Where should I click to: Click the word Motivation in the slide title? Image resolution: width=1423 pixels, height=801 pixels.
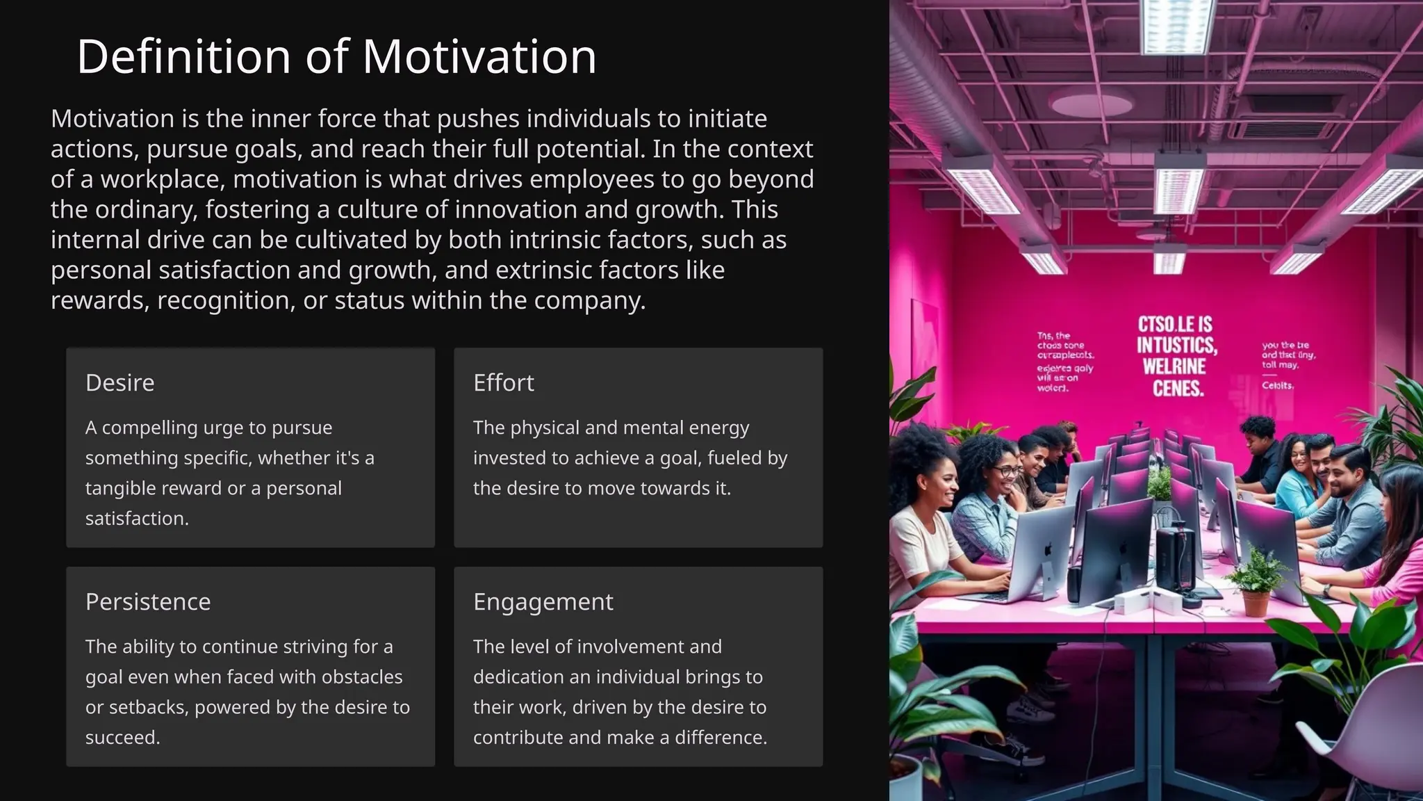pos(479,56)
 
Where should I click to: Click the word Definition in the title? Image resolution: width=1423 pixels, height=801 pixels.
pos(183,56)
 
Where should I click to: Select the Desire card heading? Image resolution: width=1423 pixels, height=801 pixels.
pos(120,382)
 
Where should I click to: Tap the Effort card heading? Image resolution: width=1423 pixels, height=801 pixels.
pos(503,382)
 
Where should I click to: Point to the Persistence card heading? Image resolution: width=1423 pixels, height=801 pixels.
pos(147,601)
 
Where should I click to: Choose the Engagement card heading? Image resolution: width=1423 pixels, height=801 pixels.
pos(543,601)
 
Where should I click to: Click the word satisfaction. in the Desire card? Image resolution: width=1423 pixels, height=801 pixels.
pos(137,518)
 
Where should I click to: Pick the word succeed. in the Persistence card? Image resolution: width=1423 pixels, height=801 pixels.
pos(122,737)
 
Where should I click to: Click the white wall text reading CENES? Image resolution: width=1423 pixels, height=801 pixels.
pos(1178,389)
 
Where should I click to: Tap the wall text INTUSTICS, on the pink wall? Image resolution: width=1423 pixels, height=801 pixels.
pos(1176,346)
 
